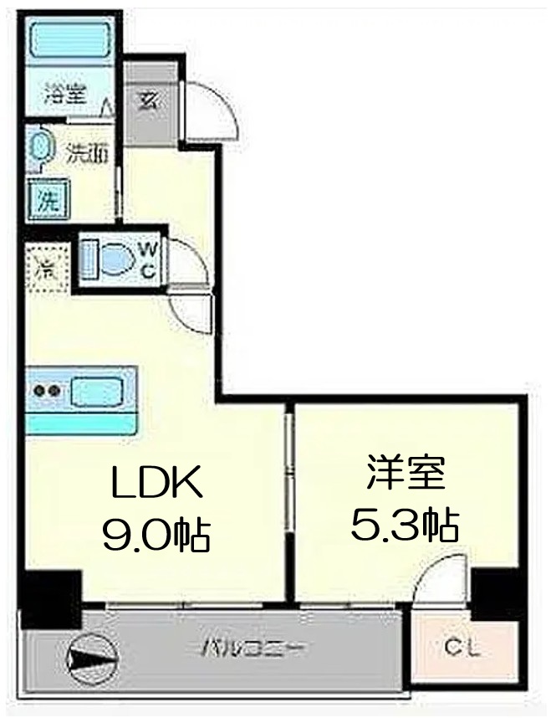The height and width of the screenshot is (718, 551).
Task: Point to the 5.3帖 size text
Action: (404, 526)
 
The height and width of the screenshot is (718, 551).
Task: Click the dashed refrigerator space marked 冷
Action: (44, 268)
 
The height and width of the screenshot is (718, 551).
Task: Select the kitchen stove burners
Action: (47, 390)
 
